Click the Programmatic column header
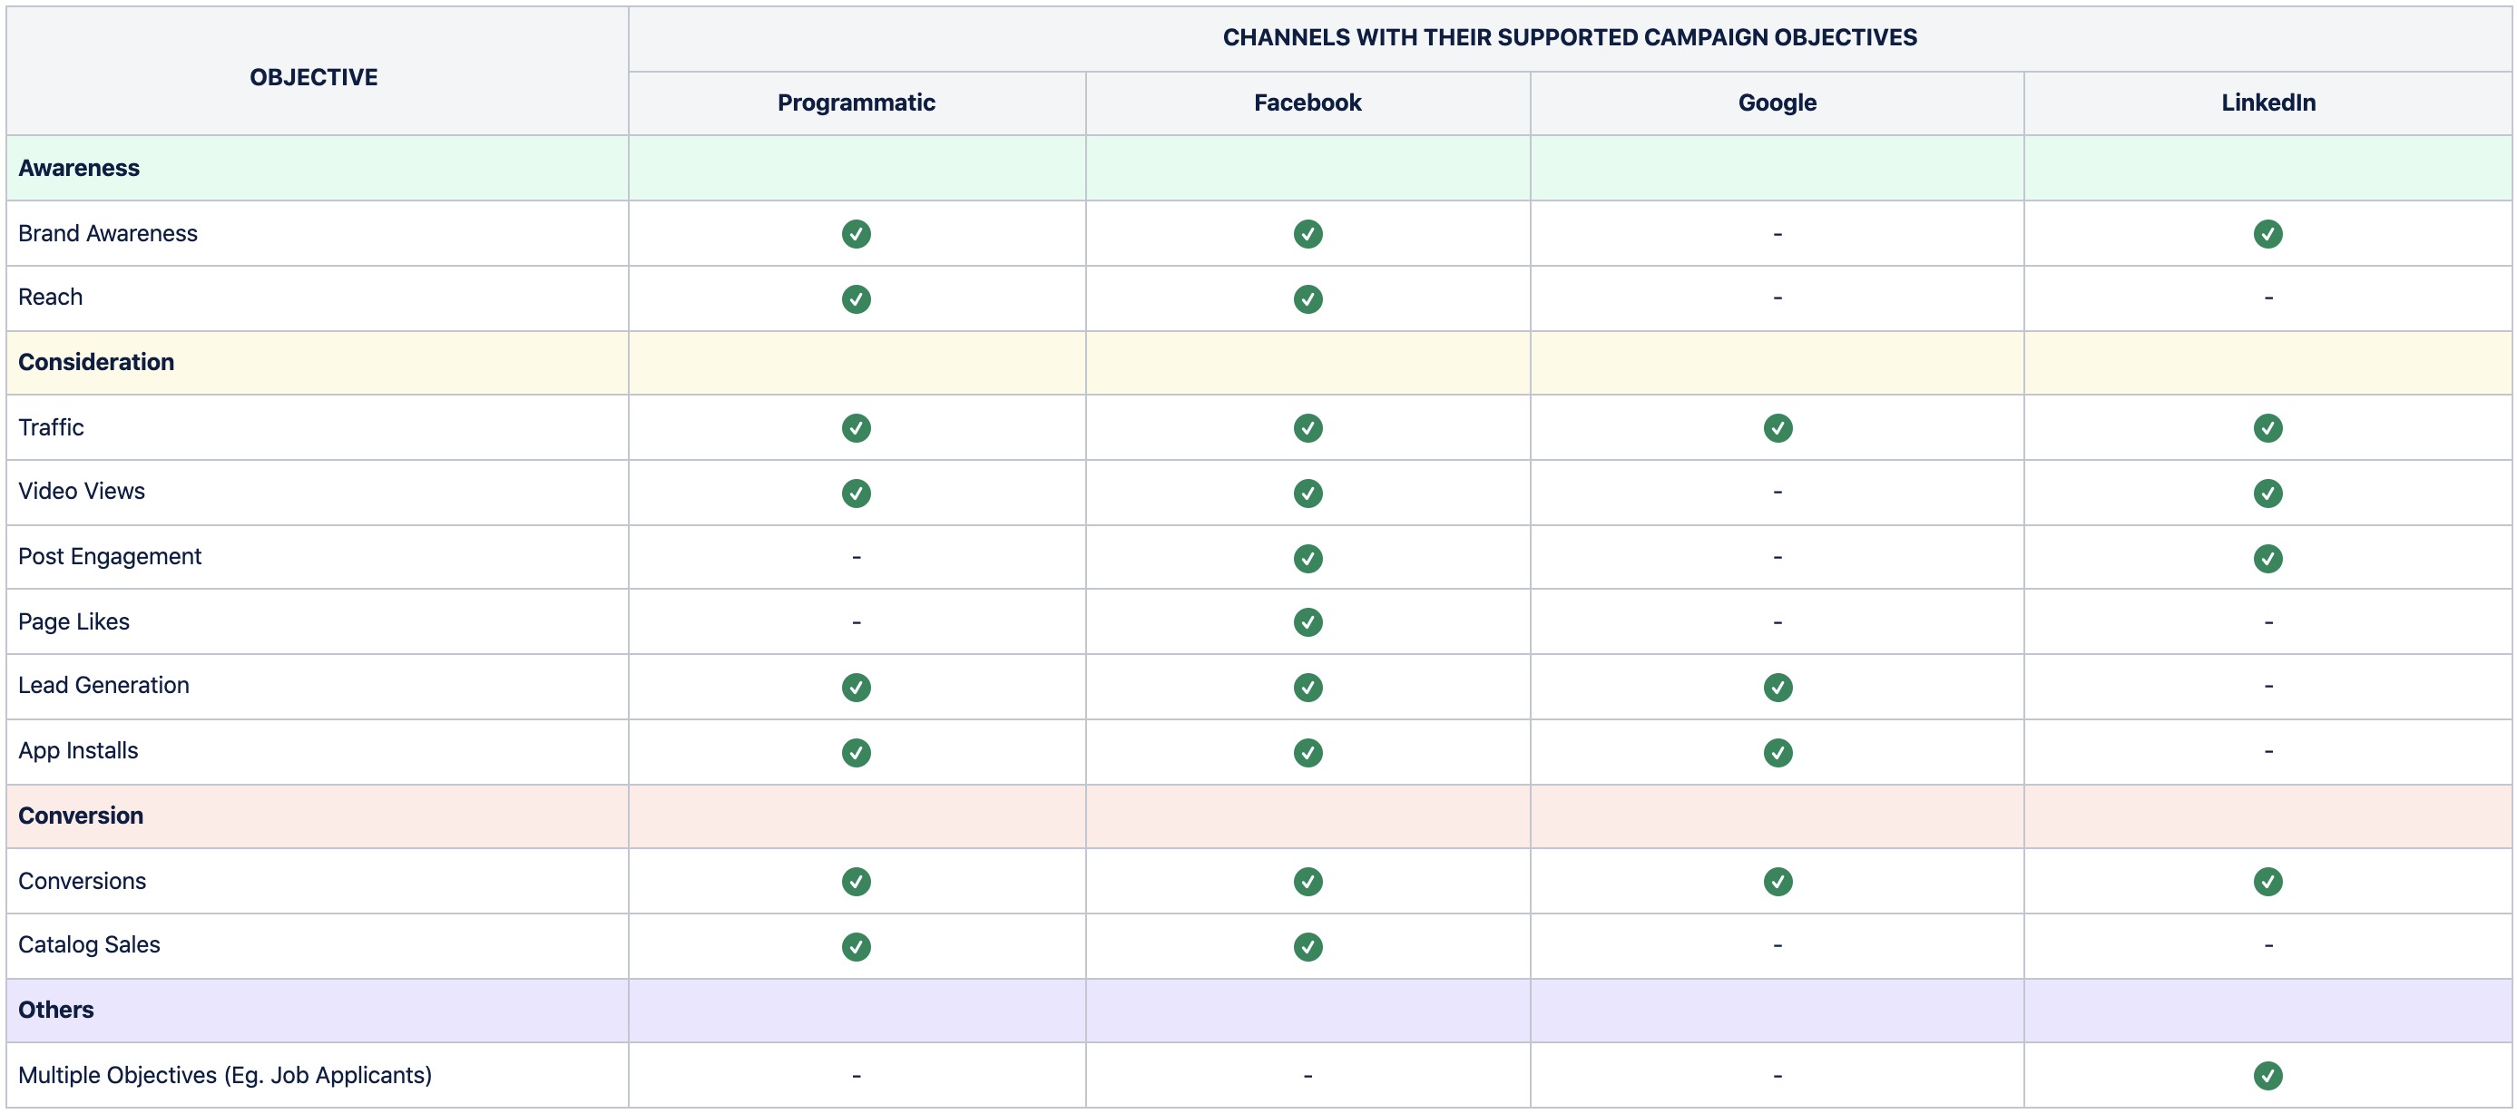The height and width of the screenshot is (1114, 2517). point(856,103)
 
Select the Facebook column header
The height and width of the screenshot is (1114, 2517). point(1307,103)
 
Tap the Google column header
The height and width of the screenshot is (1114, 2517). point(1777,103)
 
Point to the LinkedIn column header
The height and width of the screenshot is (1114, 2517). point(2267,103)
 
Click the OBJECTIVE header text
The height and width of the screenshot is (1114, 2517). point(314,77)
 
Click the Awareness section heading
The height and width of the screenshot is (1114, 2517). point(79,168)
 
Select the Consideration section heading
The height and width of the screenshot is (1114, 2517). point(96,363)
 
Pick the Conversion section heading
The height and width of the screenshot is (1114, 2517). point(80,816)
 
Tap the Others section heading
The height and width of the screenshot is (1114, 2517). point(55,1010)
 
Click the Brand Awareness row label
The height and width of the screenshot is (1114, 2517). point(107,233)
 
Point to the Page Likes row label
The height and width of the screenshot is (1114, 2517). point(73,621)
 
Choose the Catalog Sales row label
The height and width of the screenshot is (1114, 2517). point(89,945)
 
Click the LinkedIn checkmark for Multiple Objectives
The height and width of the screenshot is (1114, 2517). point(2267,1075)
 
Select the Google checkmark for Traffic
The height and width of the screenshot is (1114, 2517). point(1778,428)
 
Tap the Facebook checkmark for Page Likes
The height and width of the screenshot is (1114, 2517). point(1307,622)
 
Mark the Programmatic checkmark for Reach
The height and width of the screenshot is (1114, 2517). point(856,299)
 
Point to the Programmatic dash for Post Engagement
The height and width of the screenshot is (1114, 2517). point(856,558)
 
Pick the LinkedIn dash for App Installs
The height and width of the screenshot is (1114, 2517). point(2267,751)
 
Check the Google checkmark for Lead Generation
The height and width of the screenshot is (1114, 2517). point(1778,687)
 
